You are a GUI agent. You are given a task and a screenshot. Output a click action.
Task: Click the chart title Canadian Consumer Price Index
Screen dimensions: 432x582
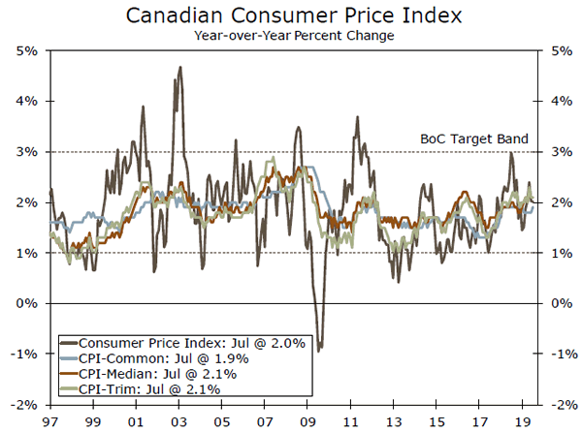(291, 16)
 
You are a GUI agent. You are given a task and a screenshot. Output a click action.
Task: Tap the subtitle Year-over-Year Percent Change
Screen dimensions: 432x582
(291, 37)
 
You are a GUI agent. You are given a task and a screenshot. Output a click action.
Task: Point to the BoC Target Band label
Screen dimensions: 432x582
(473, 139)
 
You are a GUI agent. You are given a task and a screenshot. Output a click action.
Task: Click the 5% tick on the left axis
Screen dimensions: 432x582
(26, 50)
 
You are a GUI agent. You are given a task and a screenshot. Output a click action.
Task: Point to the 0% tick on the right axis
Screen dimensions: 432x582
(555, 303)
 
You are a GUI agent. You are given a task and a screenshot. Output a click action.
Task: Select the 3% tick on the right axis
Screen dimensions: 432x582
(555, 152)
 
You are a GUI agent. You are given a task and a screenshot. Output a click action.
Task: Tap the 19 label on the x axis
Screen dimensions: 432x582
(524, 422)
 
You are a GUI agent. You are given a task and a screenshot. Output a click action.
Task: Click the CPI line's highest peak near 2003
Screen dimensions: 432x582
(181, 67)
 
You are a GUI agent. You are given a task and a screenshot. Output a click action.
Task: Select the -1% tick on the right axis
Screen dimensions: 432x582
(557, 355)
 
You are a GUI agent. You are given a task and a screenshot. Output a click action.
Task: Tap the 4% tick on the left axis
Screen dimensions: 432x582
(26, 101)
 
